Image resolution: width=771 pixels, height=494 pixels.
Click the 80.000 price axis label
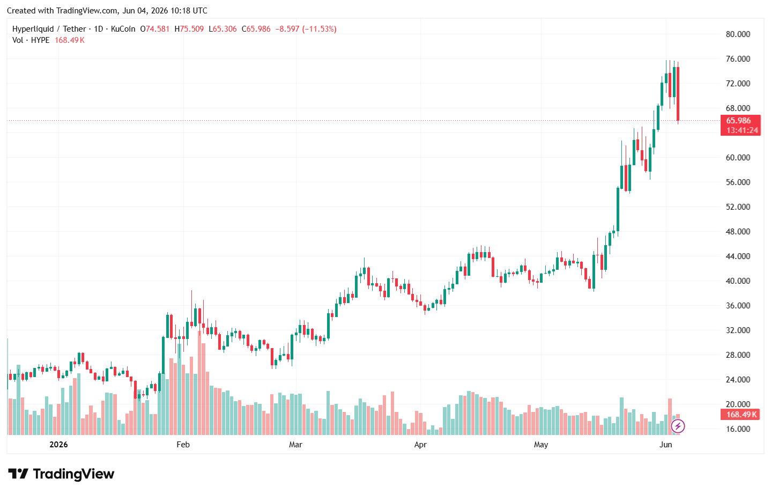tap(738, 34)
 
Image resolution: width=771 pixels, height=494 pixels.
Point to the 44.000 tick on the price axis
tap(738, 256)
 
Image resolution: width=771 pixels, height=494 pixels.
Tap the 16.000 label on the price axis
tap(738, 429)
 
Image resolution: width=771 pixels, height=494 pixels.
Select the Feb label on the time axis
tap(183, 445)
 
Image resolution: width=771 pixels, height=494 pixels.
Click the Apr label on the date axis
tap(420, 445)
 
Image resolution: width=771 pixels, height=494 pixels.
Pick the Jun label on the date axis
tap(666, 445)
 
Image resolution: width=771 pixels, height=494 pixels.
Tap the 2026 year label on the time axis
tap(58, 445)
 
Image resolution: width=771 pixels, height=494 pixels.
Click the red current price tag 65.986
tap(738, 121)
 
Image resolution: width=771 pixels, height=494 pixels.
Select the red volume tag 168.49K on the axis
tap(741, 415)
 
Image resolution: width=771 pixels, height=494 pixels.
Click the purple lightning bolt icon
tap(678, 426)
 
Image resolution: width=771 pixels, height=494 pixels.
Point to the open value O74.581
tap(154, 29)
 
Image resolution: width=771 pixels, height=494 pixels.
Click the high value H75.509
tap(189, 29)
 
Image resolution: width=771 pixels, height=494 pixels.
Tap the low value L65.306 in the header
tap(223, 29)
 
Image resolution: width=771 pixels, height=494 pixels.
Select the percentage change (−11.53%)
tap(319, 29)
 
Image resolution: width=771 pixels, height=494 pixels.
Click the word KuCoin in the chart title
tap(123, 29)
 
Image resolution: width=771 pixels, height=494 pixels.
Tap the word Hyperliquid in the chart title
tap(33, 29)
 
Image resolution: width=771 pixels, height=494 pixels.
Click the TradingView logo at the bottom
tap(61, 474)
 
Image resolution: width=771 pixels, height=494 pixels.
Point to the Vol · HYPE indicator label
tap(31, 40)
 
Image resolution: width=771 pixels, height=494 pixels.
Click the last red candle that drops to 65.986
tap(678, 94)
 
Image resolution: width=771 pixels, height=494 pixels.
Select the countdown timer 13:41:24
tap(742, 130)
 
